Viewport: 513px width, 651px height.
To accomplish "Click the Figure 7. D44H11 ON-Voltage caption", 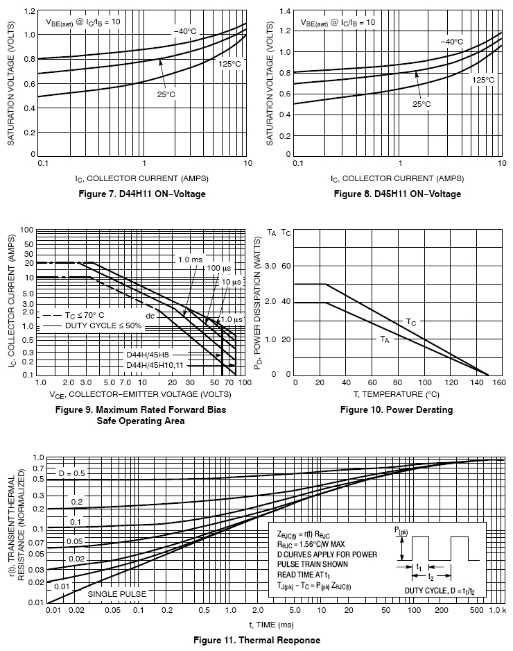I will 143,194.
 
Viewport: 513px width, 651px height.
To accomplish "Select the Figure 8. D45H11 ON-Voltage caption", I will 397,194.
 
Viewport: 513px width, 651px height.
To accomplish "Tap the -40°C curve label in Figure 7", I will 185,31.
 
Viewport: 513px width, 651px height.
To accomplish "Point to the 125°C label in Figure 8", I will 483,80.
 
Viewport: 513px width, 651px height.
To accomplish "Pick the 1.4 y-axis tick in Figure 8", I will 284,11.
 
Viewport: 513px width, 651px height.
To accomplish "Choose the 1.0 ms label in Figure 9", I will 190,260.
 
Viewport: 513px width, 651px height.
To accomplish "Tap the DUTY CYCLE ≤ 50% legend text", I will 103,325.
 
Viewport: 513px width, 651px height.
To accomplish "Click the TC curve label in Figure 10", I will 411,323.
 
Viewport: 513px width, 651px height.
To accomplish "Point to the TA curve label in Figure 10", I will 385,339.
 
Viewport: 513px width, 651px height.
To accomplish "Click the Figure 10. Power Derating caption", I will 397,409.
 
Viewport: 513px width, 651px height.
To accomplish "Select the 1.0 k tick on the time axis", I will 498,609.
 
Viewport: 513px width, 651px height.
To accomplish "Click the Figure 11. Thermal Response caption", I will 256,639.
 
